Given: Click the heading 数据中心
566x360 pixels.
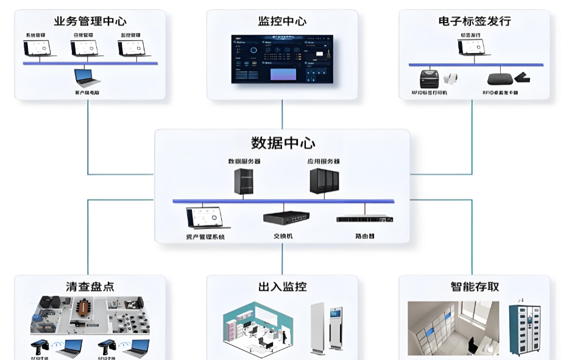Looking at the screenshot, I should (x=282, y=143).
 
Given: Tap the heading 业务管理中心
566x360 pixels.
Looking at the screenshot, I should (x=90, y=21).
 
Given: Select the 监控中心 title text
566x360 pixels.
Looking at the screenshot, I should (x=282, y=21).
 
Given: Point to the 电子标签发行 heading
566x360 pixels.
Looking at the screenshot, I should (x=474, y=21).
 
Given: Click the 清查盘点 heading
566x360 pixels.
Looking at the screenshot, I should (x=90, y=286).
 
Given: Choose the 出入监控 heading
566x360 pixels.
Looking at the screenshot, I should (x=282, y=286).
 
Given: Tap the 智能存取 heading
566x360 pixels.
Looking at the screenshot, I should (x=474, y=286).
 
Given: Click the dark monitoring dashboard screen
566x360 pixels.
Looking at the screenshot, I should (x=282, y=59).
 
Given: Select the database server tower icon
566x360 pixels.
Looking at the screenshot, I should (x=244, y=182).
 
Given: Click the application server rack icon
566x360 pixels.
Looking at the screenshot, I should (x=324, y=181).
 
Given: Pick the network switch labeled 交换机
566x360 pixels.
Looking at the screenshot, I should (x=285, y=217).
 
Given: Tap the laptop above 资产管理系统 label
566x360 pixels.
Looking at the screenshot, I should (x=205, y=217).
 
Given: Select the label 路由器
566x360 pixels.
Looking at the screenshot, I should (x=365, y=235).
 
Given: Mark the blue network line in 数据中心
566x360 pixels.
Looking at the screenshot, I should (x=283, y=201).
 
